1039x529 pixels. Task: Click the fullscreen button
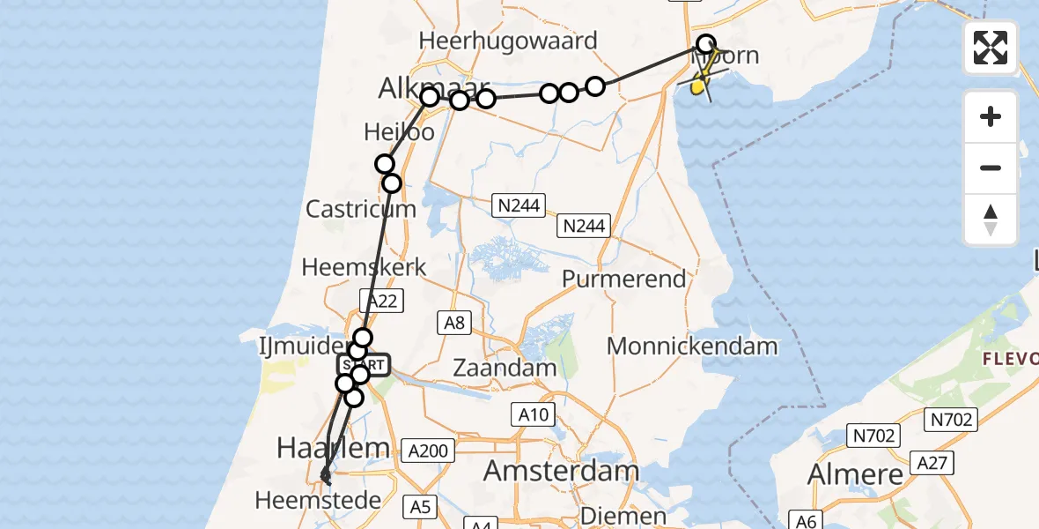point(991,48)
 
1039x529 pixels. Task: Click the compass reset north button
point(991,220)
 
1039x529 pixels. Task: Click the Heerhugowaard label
point(508,41)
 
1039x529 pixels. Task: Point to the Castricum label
point(360,210)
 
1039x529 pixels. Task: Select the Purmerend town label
point(623,279)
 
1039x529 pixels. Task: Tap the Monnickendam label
point(692,346)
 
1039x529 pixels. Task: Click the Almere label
point(855,474)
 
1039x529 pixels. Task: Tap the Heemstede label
point(318,501)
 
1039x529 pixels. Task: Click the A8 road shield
point(454,323)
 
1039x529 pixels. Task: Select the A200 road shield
point(428,451)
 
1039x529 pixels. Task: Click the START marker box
point(363,364)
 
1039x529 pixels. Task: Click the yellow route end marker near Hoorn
point(698,86)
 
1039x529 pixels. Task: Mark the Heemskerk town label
point(364,267)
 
